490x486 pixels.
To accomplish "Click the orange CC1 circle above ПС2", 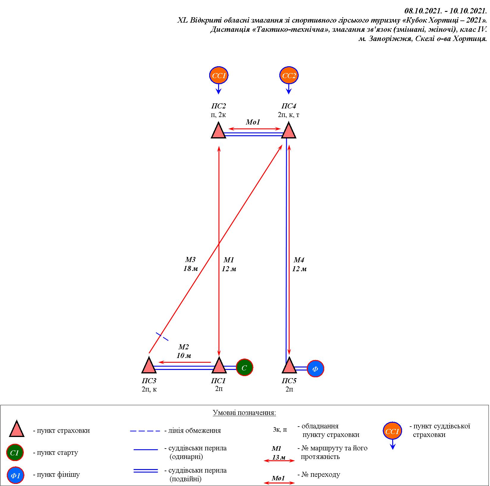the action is (219, 75).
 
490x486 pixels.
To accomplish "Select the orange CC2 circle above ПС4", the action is (289, 75).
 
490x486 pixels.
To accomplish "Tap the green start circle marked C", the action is (245, 367).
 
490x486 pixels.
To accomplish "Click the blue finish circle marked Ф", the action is (315, 369).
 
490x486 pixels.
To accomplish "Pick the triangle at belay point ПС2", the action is (219, 131).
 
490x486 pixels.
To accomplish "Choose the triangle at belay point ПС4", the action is (289, 131).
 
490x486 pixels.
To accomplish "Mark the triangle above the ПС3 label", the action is (149, 366).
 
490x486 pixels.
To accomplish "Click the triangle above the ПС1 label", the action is (219, 366).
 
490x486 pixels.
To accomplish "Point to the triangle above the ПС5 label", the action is (289, 366).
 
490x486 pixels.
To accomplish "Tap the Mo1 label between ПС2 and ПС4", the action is (253, 122).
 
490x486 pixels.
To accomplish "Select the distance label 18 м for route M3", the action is (191, 269).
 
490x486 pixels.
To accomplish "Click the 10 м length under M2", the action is (184, 356).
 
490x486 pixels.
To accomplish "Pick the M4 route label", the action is (299, 260).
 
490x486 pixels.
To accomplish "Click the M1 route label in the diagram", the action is (229, 260).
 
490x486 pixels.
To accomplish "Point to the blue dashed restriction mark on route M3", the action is (162, 336).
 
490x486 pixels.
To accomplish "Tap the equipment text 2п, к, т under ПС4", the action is (289, 115).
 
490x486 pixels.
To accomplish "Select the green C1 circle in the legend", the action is (15, 453).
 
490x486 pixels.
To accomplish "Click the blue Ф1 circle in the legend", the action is (15, 475).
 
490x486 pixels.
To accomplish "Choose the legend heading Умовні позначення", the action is (244, 413).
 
